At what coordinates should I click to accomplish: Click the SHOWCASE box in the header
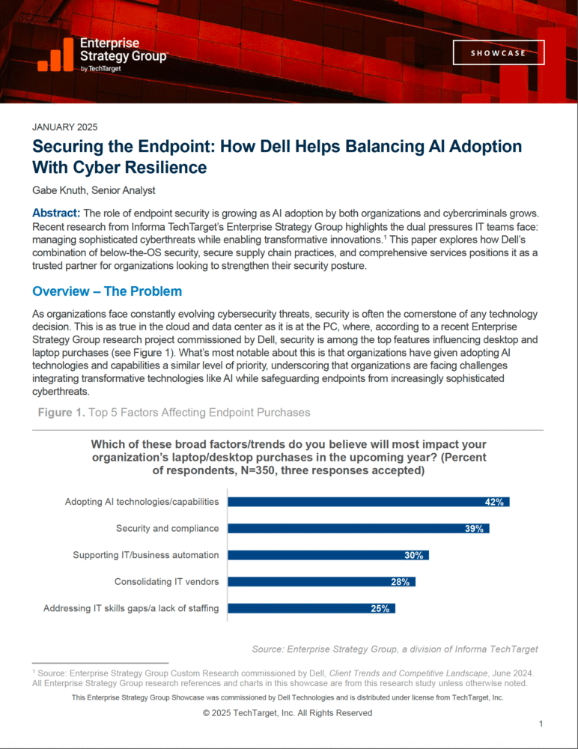[498, 53]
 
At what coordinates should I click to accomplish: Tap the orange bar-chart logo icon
[55, 55]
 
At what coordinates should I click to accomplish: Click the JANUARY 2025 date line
[66, 127]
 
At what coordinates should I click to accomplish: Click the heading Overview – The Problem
[107, 291]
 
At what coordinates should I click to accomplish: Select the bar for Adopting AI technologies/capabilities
[368, 502]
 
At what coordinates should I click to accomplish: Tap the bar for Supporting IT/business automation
[327, 555]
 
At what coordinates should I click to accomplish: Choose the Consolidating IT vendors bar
[320, 581]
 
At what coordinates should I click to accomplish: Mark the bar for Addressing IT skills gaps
[311, 608]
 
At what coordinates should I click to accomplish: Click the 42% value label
[494, 502]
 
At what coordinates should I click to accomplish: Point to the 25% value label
[380, 608]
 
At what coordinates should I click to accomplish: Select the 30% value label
[413, 555]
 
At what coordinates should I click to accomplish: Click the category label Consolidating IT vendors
[166, 581]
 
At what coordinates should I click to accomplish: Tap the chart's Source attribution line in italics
[395, 649]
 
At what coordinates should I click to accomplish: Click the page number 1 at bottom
[541, 724]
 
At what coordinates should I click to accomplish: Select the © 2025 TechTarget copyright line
[288, 713]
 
